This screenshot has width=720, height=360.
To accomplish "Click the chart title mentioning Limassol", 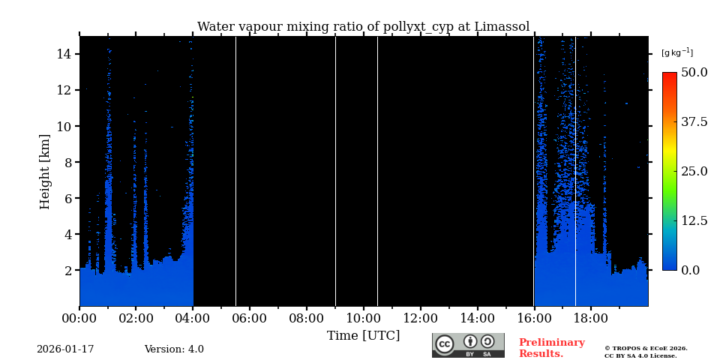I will pos(363,27).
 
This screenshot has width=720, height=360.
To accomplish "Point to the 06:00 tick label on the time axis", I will pos(249,318).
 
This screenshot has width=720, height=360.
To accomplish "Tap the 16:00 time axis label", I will pos(533,318).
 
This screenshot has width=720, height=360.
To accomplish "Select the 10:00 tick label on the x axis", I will pos(363,318).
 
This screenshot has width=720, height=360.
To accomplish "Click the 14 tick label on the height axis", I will pos(63,54).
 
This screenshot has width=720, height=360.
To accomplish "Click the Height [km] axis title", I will pos(46,171).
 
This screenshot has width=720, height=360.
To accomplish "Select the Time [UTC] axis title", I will pos(363,336).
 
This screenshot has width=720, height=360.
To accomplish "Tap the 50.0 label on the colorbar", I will pos(694,73).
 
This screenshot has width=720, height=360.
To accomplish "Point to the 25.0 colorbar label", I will pos(694,171).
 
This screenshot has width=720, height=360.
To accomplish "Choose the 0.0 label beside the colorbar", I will pos(690,270).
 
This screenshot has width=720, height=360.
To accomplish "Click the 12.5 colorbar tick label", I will pos(694,220).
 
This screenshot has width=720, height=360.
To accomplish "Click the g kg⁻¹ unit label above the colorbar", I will pos(676,52).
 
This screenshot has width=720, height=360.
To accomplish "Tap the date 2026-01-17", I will pos(65,349).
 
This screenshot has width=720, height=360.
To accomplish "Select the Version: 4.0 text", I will pos(174,349).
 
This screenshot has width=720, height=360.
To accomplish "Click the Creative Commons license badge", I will pos(468,345).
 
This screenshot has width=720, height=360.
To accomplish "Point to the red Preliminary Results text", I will pos(551,348).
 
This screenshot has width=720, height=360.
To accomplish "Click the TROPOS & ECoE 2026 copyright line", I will pos(646,348).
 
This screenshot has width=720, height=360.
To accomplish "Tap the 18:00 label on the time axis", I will pos(590,318).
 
